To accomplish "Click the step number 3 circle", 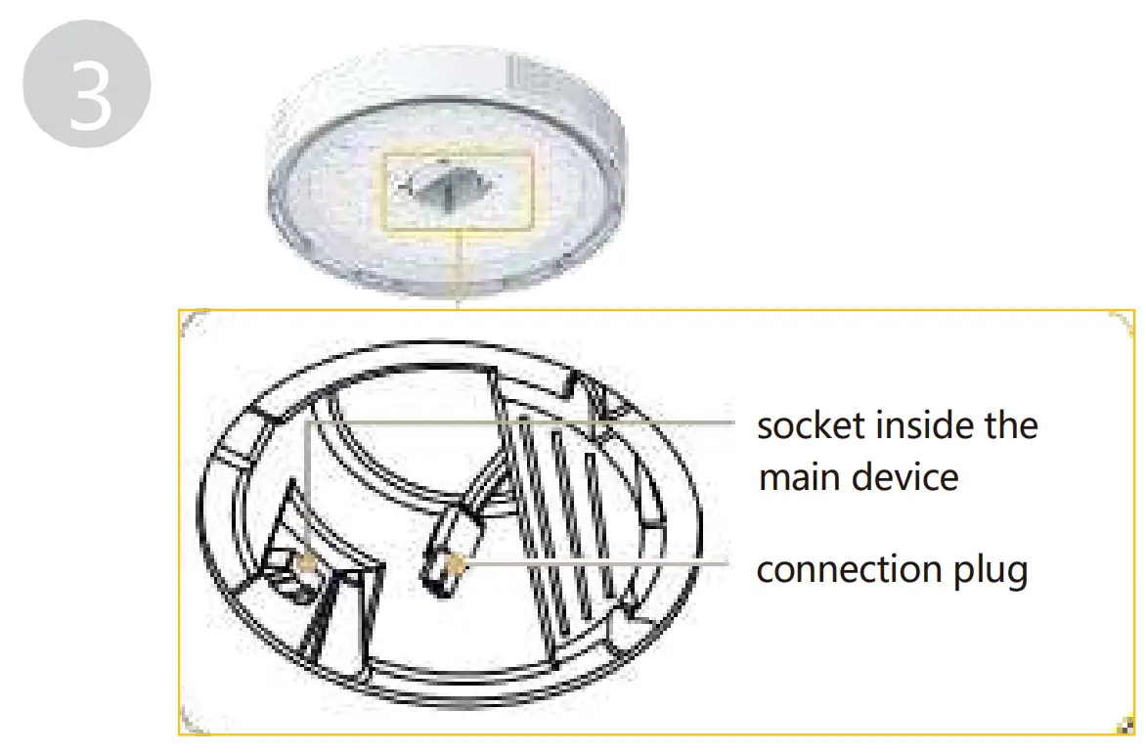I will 86,89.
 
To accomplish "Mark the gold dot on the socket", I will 306,561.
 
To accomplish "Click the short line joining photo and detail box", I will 457,275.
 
